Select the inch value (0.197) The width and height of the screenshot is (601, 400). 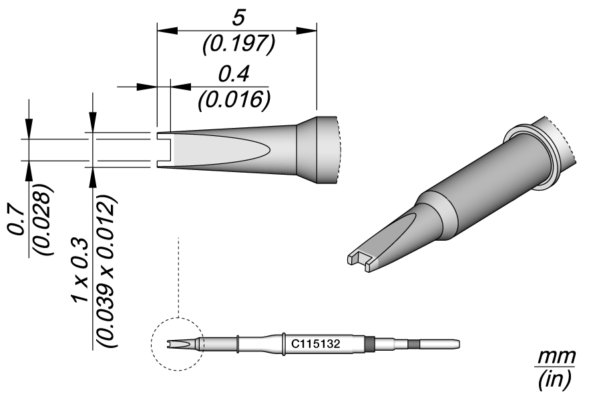tap(238, 44)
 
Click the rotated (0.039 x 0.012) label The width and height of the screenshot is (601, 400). tap(107, 271)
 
